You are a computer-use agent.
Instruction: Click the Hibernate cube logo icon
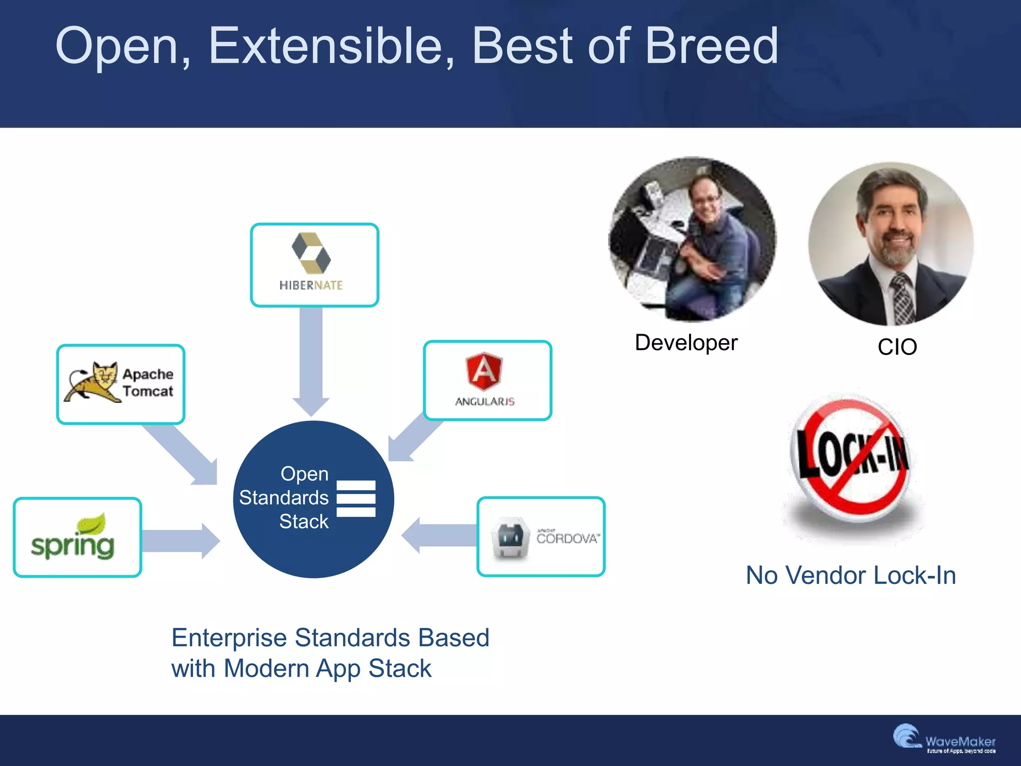[311, 253]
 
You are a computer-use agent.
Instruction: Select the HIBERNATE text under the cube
[311, 285]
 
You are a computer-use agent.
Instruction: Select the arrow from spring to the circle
[179, 541]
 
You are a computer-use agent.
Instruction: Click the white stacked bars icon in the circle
[356, 498]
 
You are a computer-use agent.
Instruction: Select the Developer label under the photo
[686, 343]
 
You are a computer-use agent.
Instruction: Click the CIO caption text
[897, 347]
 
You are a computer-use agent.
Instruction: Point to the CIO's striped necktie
[902, 299]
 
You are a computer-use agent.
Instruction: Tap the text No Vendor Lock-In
[851, 575]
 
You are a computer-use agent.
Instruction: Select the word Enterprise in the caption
[229, 638]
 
